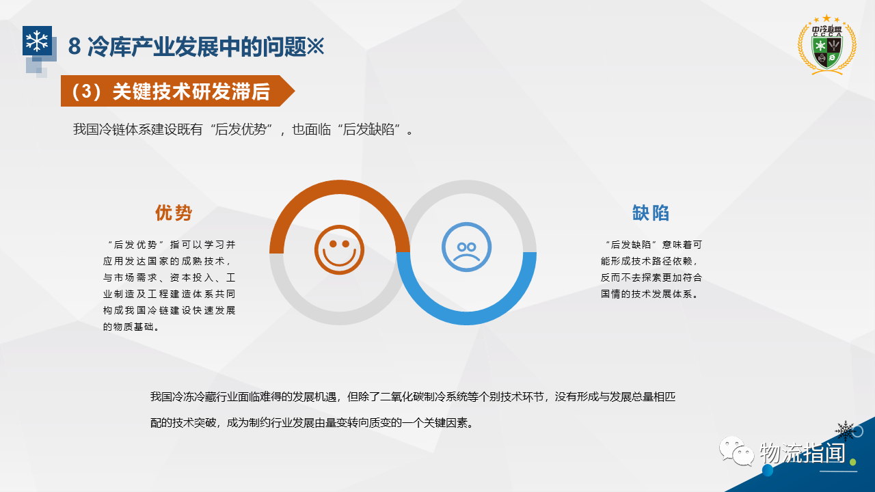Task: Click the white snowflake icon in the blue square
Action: point(37,40)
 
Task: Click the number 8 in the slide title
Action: point(75,46)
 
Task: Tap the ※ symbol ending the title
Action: point(315,46)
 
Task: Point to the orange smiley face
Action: point(339,249)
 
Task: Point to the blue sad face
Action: point(466,247)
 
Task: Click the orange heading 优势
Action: point(174,213)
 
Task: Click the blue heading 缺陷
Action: point(650,213)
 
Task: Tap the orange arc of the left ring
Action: point(340,187)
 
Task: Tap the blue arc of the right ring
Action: point(466,318)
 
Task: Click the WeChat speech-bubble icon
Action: point(736,451)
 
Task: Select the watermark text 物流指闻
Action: point(803,453)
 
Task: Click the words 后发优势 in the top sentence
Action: point(240,129)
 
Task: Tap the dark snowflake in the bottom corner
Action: point(846,430)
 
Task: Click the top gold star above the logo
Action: point(826,18)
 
